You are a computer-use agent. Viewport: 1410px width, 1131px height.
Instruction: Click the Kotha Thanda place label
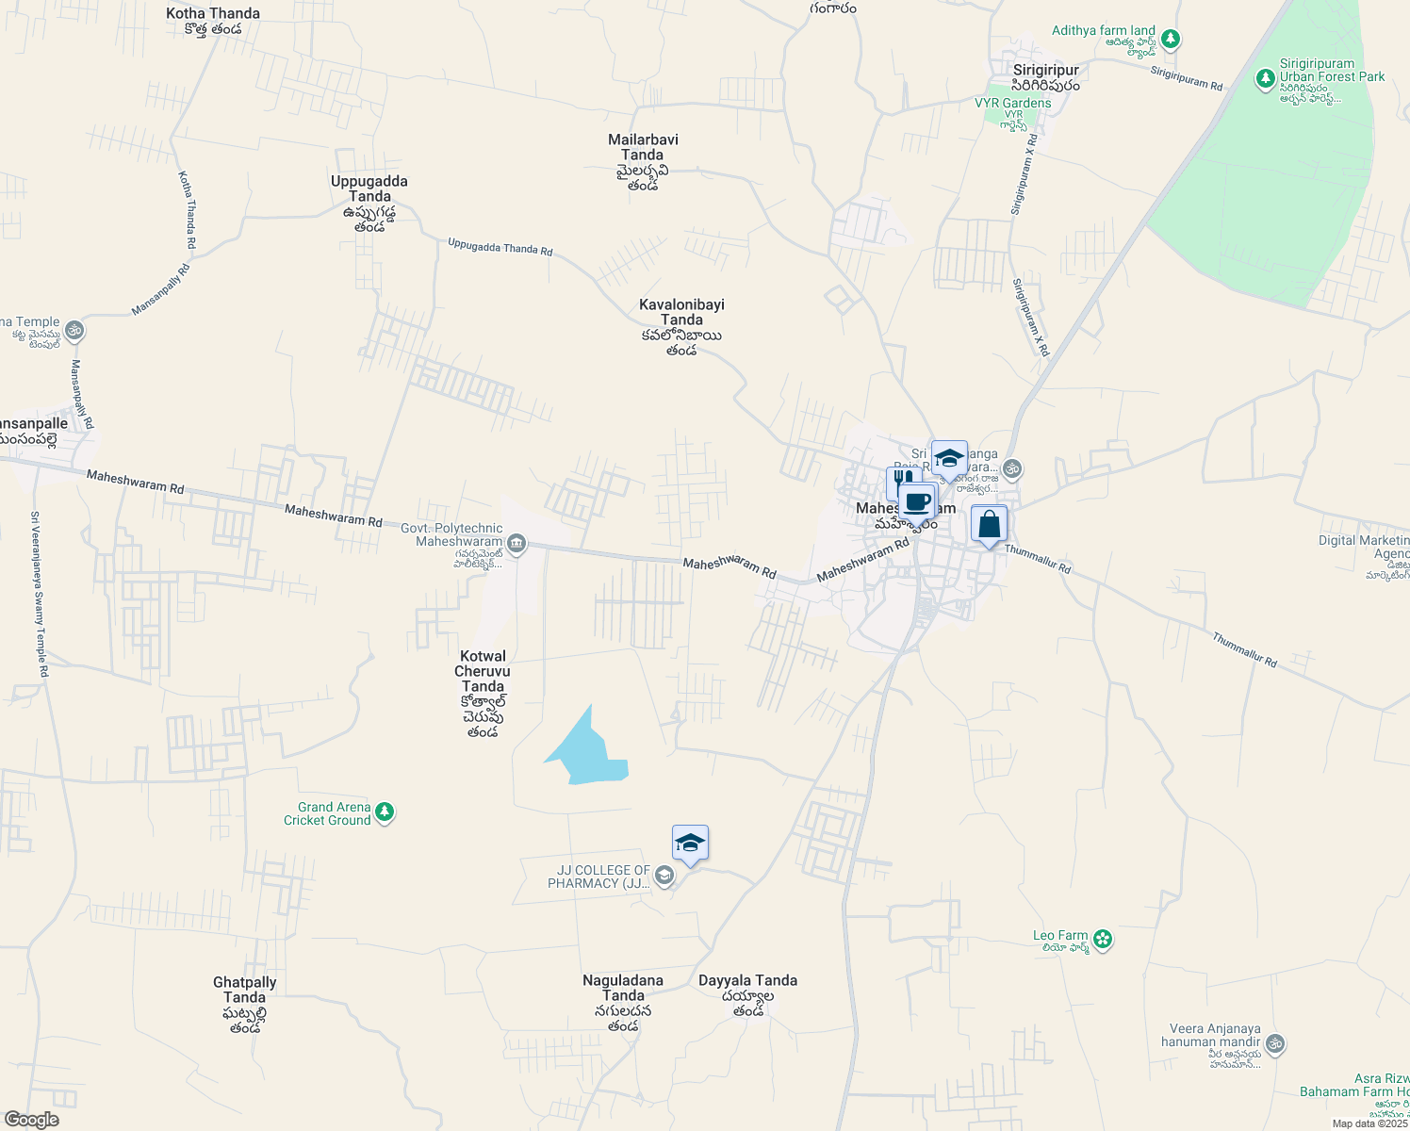[213, 14]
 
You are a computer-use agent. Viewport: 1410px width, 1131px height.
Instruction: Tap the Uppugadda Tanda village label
[369, 188]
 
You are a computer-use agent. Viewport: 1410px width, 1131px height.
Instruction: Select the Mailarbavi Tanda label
[643, 147]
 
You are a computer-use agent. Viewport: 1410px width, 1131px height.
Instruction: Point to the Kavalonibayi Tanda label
[681, 312]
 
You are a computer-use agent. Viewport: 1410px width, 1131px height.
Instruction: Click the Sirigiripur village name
[1045, 71]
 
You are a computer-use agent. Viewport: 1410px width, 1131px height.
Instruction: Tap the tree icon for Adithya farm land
[1171, 40]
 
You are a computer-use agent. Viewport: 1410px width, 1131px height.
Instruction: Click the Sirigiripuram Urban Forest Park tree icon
[1266, 79]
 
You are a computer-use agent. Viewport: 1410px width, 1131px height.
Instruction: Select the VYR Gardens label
[1013, 103]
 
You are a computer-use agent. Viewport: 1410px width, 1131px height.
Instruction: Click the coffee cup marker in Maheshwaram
[916, 502]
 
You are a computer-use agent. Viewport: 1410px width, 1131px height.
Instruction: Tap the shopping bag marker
[989, 524]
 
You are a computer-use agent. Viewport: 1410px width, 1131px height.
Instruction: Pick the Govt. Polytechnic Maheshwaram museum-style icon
[516, 544]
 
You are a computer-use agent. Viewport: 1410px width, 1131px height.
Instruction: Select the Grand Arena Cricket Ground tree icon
[384, 812]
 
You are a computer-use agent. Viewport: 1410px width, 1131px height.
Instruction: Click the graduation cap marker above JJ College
[690, 844]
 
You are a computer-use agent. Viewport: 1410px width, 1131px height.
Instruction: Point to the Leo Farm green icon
[1103, 940]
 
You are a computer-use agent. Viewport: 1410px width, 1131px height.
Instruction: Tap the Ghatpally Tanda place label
[245, 990]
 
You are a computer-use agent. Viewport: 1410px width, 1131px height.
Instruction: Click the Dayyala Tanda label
[747, 981]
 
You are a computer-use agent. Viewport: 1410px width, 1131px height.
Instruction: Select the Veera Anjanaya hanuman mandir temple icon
[1275, 1043]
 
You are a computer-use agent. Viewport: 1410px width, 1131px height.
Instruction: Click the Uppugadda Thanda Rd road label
[500, 248]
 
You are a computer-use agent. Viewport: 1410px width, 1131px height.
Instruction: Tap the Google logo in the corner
[31, 1120]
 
